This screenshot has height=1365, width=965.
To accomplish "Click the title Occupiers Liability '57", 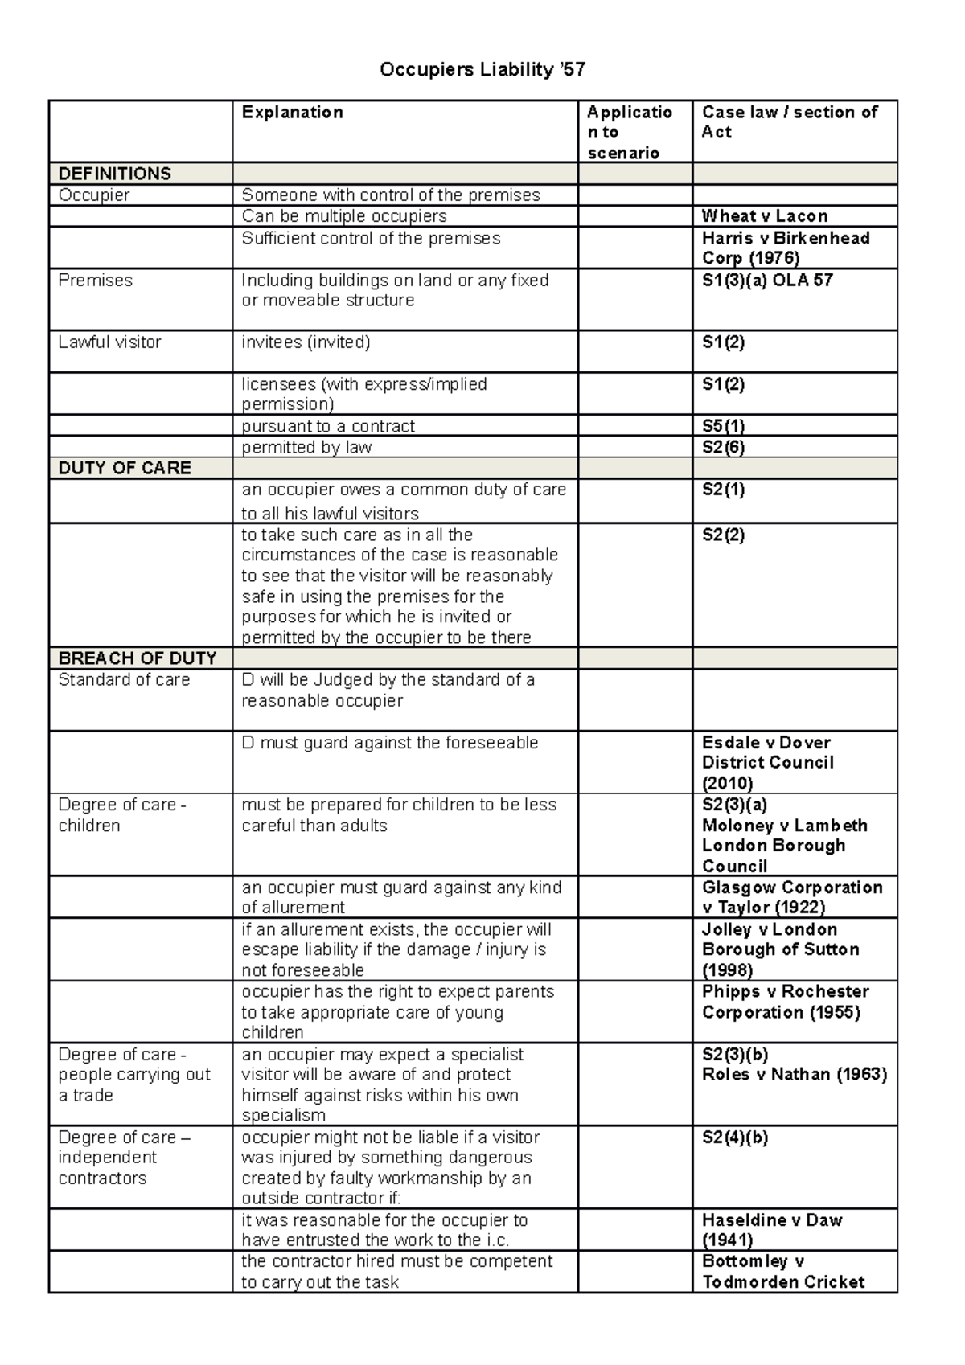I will pyautogui.click(x=482, y=70).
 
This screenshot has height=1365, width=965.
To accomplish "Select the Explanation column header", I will pyautogui.click(x=292, y=113).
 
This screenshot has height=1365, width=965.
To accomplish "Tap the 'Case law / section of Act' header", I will pyautogui.click(x=789, y=122).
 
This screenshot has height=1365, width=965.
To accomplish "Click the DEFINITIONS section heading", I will pyautogui.click(x=115, y=174).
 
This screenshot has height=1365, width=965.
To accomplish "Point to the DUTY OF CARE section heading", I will pyautogui.click(x=125, y=468).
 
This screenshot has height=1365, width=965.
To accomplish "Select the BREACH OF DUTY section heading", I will pyautogui.click(x=138, y=658).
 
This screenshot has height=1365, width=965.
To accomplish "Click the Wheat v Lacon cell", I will pyautogui.click(x=764, y=216).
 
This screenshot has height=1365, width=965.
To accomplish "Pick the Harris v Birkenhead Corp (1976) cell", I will pyautogui.click(x=785, y=248).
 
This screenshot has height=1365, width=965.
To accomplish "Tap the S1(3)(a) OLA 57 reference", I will pyautogui.click(x=766, y=281).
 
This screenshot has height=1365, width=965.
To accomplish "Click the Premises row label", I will pyautogui.click(x=95, y=281).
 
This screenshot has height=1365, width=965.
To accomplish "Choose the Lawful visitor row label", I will pyautogui.click(x=109, y=342).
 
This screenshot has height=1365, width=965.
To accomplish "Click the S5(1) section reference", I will pyautogui.click(x=723, y=426).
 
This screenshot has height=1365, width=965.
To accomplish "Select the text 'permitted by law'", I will pyautogui.click(x=306, y=448).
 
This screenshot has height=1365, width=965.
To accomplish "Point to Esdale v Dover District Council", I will pyautogui.click(x=767, y=762).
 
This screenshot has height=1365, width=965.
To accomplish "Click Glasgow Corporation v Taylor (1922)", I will pyautogui.click(x=791, y=897).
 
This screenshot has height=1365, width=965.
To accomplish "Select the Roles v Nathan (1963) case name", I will pyautogui.click(x=794, y=1075).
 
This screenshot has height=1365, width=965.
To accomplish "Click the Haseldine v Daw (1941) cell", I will pyautogui.click(x=771, y=1230).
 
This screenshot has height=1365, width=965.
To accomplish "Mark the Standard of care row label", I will pyautogui.click(x=124, y=680).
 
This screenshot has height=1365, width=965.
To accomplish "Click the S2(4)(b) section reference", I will pyautogui.click(x=734, y=1137).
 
